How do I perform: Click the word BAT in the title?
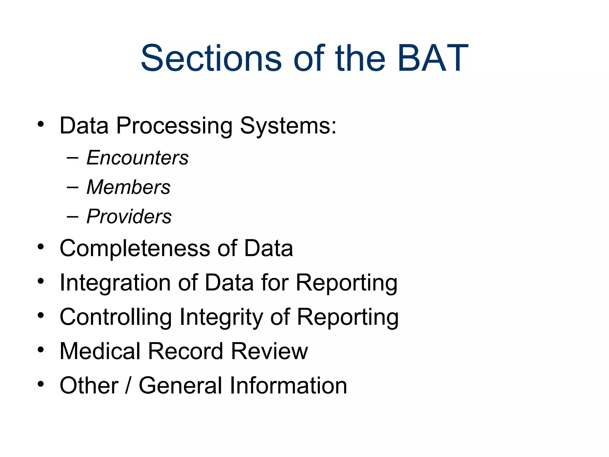point(433,58)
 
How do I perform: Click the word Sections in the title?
point(211,58)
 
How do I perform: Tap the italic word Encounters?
point(137,158)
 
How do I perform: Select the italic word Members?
point(128,187)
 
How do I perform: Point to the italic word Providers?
point(129,216)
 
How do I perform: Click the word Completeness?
point(135,249)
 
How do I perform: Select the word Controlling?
point(116,317)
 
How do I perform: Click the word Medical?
point(100,351)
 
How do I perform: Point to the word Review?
point(269,351)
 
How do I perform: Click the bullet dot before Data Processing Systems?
point(41,124)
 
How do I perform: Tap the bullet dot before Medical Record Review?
point(41,350)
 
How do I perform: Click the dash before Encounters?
point(72,158)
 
